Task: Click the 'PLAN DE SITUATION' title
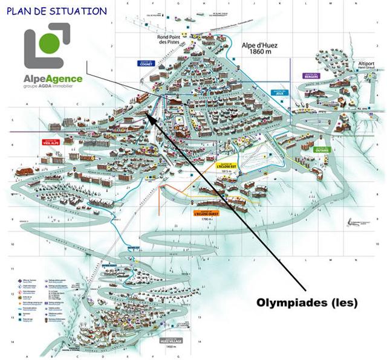(x=57, y=11)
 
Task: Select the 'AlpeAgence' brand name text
(x=53, y=78)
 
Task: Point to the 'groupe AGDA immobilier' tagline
(x=53, y=87)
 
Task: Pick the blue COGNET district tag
(x=146, y=63)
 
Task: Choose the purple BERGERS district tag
(x=311, y=76)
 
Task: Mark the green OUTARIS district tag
(x=323, y=150)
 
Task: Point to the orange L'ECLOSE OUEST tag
(x=206, y=213)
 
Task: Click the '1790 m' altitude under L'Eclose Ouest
(x=207, y=219)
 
